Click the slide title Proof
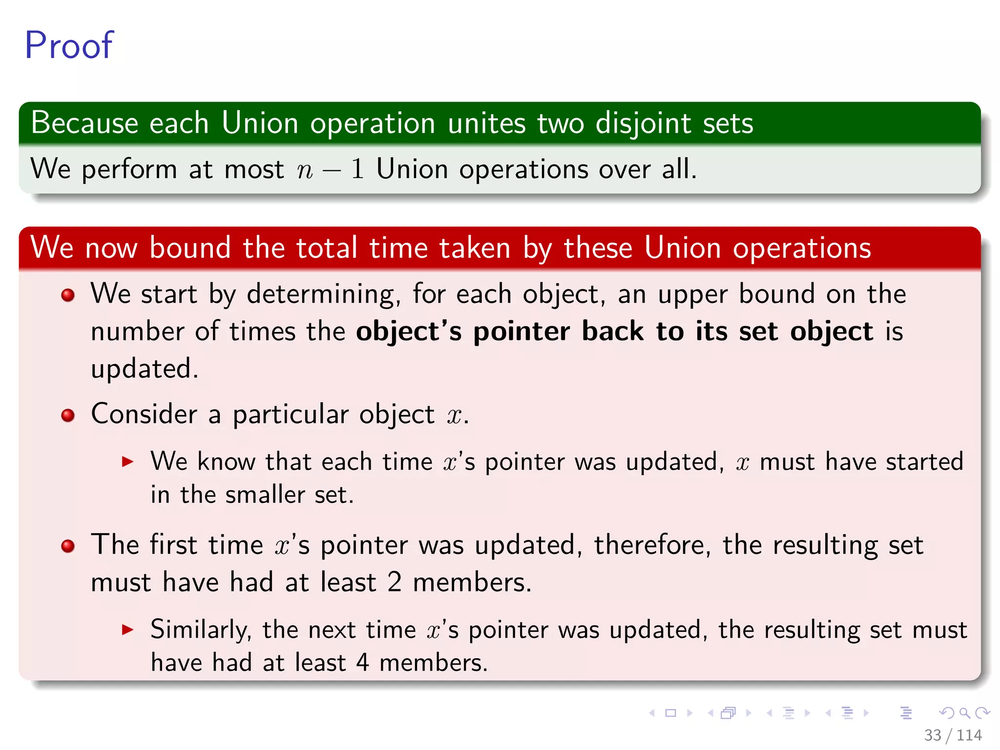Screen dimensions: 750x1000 [x=69, y=45]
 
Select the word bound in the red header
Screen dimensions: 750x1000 [x=189, y=248]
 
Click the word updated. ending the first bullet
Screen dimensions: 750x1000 [x=145, y=369]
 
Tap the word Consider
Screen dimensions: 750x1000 [x=144, y=414]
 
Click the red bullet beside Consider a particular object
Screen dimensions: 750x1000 [x=68, y=416]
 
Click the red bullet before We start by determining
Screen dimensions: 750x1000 [x=68, y=295]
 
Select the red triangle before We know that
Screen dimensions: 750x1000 [x=127, y=461]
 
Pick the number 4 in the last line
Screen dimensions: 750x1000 [x=362, y=663]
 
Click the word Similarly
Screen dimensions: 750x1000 [x=201, y=629]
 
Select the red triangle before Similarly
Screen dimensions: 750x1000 [x=127, y=629]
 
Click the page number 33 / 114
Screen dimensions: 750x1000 [x=953, y=735]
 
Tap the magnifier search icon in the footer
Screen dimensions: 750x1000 [x=964, y=713]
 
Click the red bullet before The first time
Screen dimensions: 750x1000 [x=68, y=546]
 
